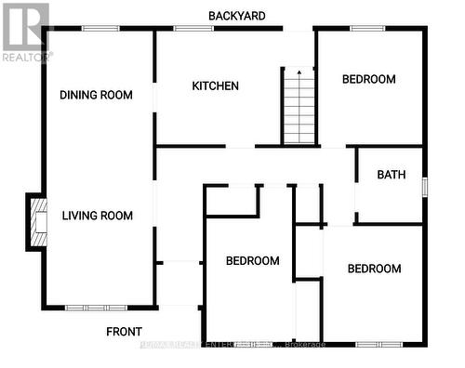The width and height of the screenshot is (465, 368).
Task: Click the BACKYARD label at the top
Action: click(x=237, y=16)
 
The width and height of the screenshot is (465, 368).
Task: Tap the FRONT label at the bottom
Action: click(x=124, y=332)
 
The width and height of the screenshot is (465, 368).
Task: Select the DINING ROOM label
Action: click(x=96, y=95)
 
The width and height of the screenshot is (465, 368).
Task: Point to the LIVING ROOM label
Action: click(x=98, y=216)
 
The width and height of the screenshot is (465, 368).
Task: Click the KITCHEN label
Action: click(x=216, y=86)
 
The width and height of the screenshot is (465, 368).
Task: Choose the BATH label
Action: click(x=390, y=175)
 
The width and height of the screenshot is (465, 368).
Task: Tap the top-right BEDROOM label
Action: click(x=369, y=80)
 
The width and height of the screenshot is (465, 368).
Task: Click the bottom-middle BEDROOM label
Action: click(x=253, y=261)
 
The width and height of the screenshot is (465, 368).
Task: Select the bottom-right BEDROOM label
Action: click(x=374, y=269)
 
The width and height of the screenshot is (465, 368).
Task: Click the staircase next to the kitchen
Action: click(x=299, y=110)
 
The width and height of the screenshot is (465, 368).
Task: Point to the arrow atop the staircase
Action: click(x=299, y=72)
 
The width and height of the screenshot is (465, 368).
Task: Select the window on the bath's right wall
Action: click(x=424, y=185)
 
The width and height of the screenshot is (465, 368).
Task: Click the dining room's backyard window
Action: click(x=95, y=29)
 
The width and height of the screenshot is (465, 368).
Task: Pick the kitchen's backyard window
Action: click(x=193, y=29)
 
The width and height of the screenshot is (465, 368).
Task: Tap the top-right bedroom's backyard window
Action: click(x=367, y=29)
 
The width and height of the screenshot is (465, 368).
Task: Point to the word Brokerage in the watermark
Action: click(x=304, y=345)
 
